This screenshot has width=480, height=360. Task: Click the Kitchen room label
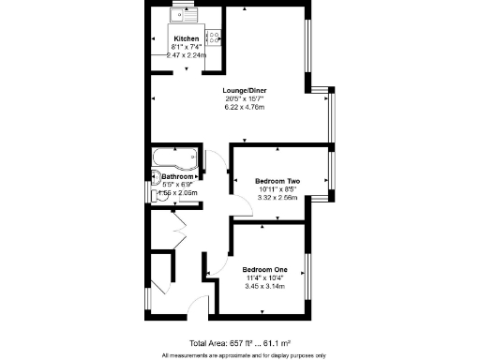[186, 38]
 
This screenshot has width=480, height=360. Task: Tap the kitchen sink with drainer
[180, 15]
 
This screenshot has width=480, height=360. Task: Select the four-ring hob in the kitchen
[213, 38]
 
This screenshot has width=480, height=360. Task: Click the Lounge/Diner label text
[246, 91]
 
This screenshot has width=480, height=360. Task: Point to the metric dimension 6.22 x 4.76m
[245, 108]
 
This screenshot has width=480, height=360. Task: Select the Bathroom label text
[177, 176]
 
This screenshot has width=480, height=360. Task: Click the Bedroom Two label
[277, 181]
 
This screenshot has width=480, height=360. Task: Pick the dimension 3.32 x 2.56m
[277, 198]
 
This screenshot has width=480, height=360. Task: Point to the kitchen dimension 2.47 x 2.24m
[186, 54]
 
